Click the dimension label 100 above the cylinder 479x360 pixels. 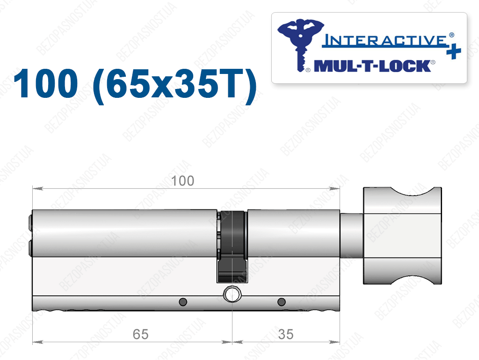[182, 181]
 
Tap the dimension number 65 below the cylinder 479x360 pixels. [140, 334]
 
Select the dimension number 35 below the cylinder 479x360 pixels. [286, 334]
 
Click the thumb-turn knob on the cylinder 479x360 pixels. [402, 235]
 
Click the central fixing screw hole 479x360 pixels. [232, 294]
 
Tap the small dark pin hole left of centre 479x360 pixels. [183, 302]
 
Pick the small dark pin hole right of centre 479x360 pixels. [281, 302]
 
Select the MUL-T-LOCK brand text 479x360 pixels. [372, 66]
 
